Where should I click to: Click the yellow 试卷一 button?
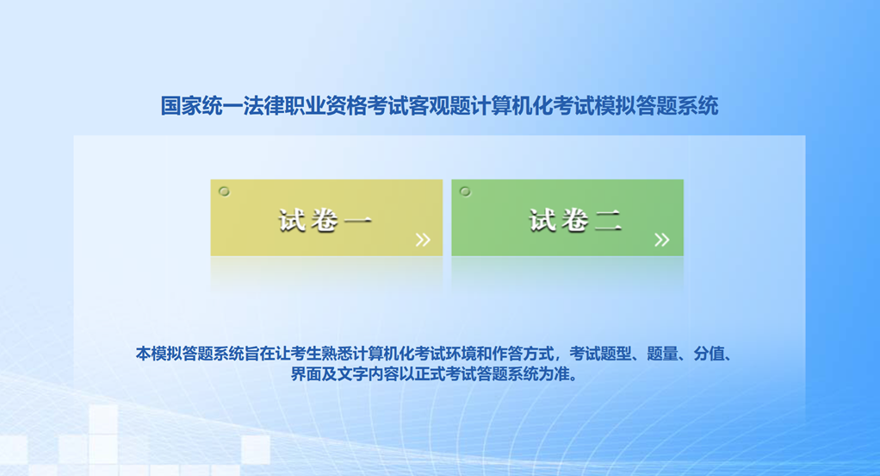326,217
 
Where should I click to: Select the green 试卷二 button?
567,217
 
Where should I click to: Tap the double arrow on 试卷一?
423,240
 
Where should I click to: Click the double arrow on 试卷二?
661,240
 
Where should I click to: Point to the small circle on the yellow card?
224,191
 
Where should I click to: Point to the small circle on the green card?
465,191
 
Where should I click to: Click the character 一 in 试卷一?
358,220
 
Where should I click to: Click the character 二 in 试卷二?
609,220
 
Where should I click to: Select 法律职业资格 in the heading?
305,106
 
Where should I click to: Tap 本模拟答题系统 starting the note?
189,354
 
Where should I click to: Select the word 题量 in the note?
662,354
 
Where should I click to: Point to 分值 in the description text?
709,354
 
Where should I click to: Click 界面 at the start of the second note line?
306,373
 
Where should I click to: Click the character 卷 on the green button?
574,220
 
